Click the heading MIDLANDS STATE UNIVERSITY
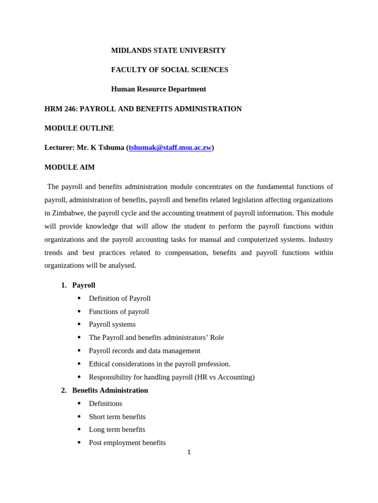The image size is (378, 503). coord(168,51)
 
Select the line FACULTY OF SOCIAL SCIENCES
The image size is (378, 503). coord(169,70)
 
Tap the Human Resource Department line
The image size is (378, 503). coord(158,89)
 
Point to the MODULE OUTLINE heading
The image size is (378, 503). coord(79,128)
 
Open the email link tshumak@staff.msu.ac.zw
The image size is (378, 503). coord(170,148)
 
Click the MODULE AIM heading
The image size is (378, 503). coord(69,168)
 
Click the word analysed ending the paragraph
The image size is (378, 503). coord(122,266)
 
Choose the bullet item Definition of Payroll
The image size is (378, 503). coord(120,299)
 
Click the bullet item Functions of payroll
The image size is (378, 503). coord(119,312)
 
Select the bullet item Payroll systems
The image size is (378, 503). coord(112,325)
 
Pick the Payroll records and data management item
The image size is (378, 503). coord(144,351)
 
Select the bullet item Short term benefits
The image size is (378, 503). coord(117,417)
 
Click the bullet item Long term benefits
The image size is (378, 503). coord(117,430)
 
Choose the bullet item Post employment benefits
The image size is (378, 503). coord(127,443)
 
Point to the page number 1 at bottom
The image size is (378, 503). coord(189,452)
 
